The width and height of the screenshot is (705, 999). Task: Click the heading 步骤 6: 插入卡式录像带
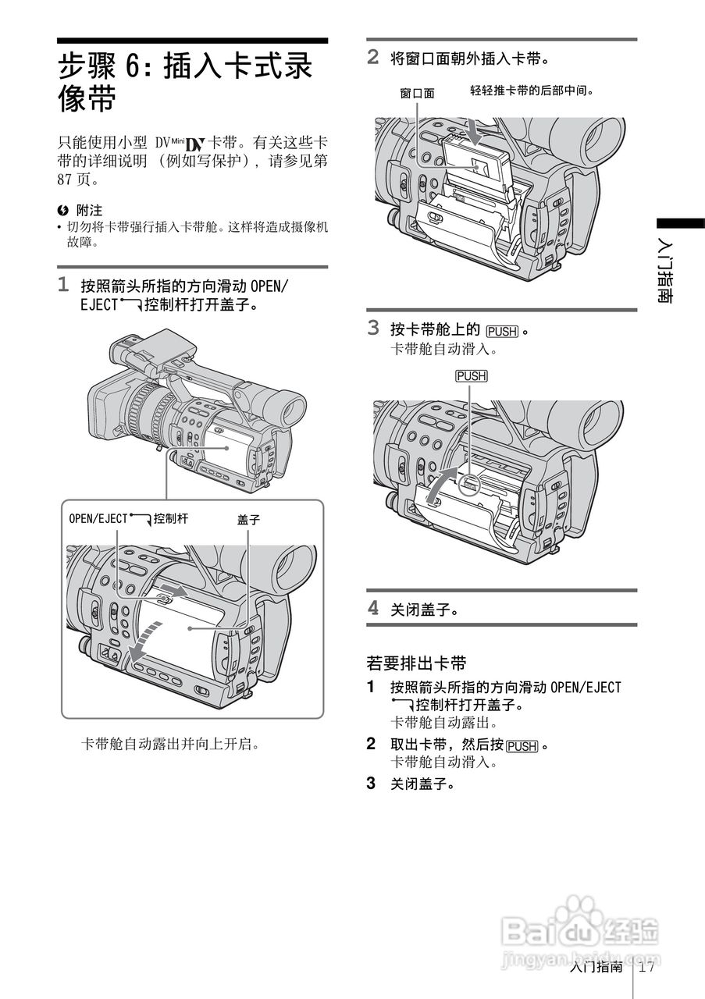coord(186,82)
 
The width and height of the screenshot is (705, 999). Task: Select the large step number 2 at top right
coord(373,56)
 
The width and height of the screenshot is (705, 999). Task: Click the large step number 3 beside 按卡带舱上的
coord(373,328)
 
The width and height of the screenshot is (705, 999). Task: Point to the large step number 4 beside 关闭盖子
coord(373,607)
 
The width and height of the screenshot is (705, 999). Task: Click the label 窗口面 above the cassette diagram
coord(417,94)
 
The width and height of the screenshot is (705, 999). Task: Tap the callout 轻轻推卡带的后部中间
coord(532,91)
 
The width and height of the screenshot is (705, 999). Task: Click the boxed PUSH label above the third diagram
coord(471,376)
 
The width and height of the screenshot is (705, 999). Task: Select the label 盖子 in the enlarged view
coord(248,518)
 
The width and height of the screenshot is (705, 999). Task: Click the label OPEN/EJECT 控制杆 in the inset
coord(128,517)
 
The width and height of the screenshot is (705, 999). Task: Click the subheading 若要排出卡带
coord(416,663)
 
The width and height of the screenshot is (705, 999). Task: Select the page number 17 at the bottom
coord(646,967)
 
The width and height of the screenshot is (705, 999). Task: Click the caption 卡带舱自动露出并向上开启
coord(170,744)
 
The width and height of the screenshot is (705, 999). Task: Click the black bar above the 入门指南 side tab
coord(679,223)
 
